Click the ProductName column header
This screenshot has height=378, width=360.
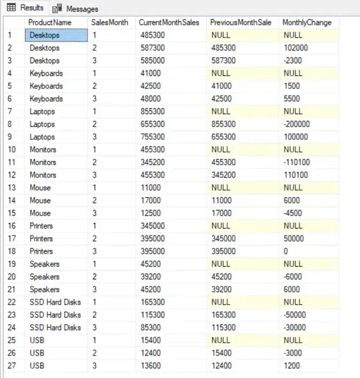click(x=50, y=22)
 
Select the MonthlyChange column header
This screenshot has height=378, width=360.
click(x=307, y=22)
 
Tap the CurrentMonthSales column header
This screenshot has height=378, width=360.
click(x=169, y=22)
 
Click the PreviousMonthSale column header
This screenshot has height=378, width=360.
click(x=240, y=22)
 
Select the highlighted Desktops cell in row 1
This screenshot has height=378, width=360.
click(x=57, y=36)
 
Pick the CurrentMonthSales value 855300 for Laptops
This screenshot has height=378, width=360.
click(x=152, y=112)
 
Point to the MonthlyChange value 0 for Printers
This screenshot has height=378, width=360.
click(x=286, y=251)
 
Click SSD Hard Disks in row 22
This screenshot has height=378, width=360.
click(x=55, y=302)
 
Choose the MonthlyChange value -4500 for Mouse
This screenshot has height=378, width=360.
click(x=292, y=213)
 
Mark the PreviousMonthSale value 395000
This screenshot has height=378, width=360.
click(x=223, y=251)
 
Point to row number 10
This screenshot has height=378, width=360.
click(x=12, y=149)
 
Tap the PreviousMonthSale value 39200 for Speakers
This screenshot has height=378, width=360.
click(x=221, y=289)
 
